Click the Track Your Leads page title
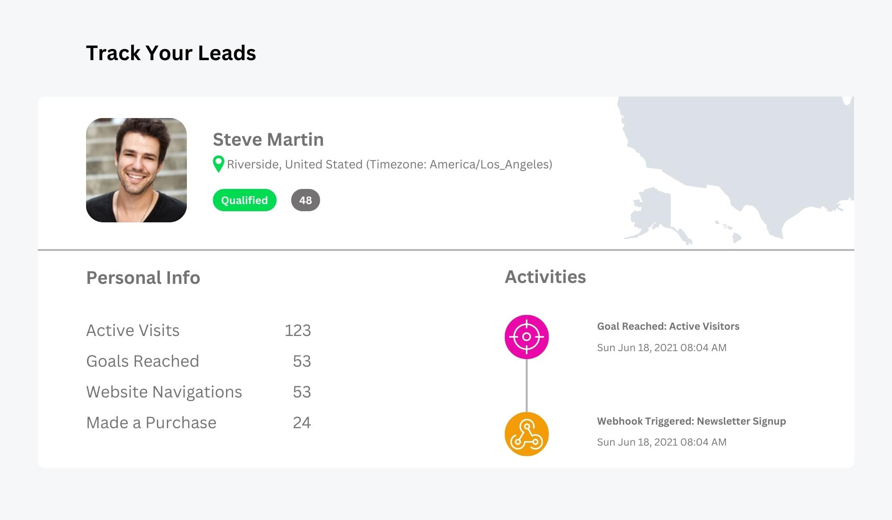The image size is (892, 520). [x=171, y=53]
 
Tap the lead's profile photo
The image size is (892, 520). [x=136, y=170]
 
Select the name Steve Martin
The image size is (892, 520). [x=268, y=139]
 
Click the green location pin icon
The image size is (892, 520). [x=218, y=164]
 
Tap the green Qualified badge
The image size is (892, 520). [x=244, y=200]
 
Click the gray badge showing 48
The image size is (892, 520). [x=306, y=200]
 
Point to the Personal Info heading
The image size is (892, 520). [x=143, y=278]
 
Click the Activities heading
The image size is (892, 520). [x=545, y=277]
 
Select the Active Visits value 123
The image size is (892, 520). [x=297, y=330]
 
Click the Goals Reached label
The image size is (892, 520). [x=143, y=361]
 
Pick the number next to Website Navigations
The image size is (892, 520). [x=301, y=392]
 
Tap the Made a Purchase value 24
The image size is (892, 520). [x=301, y=422]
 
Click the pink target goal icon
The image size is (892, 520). [x=527, y=337]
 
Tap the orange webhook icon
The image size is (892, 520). [x=527, y=434]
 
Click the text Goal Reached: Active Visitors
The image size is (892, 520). [x=668, y=326]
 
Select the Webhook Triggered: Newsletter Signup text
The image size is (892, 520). [x=691, y=421]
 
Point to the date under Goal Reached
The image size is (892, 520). [x=661, y=348]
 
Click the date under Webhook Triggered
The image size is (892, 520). [x=661, y=442]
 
